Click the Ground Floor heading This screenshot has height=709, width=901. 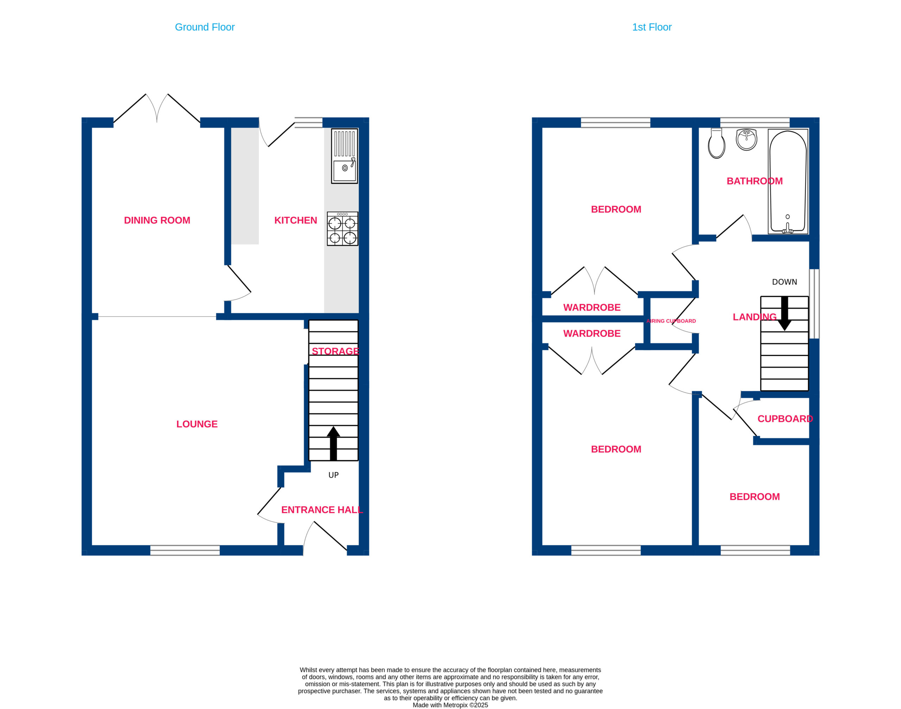[205, 27]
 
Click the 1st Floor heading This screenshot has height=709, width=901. [651, 27]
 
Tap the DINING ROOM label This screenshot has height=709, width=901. [157, 220]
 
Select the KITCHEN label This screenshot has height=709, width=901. [296, 220]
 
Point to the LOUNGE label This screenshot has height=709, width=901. [197, 424]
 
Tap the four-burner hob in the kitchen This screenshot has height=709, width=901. [342, 229]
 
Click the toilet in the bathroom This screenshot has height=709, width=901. [717, 144]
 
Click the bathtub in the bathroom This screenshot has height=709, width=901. [788, 182]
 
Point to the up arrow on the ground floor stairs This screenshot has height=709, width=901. [333, 443]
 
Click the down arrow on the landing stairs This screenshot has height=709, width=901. [784, 314]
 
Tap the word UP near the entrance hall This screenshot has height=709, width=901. [333, 475]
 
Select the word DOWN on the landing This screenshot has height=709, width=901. [784, 282]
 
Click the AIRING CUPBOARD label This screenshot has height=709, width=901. [671, 321]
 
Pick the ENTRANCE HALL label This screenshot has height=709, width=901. [322, 510]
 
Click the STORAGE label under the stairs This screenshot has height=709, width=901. [335, 352]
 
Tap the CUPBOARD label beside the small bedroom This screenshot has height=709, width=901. [785, 419]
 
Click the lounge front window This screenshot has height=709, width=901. [185, 550]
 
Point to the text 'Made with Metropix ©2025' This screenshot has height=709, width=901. [450, 705]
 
